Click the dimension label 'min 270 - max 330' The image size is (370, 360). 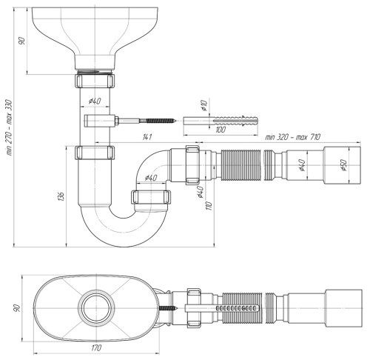point(9,127)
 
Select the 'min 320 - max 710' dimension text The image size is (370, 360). point(293,136)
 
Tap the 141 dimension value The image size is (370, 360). point(147,137)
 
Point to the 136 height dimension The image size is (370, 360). point(61,196)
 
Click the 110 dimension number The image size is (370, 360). point(209,206)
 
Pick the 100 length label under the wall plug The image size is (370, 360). point(221,130)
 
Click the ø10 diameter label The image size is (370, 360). point(204,105)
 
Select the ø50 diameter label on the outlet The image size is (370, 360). point(343,165)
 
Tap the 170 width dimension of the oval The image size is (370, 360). point(96,348)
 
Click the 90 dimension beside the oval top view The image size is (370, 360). point(16,308)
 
